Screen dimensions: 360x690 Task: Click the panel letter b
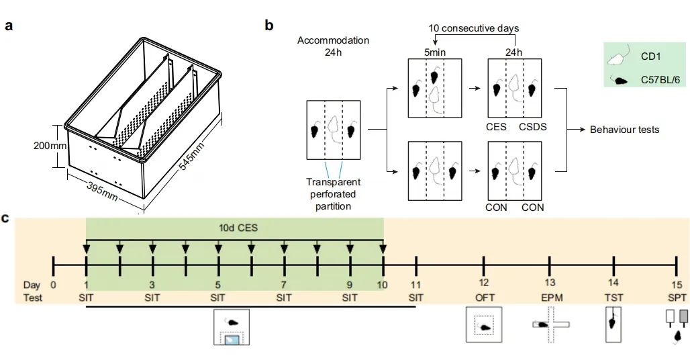click(269, 26)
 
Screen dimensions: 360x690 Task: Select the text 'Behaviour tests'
click(624, 129)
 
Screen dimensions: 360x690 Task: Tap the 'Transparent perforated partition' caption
click(334, 194)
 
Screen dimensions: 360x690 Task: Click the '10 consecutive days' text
click(473, 28)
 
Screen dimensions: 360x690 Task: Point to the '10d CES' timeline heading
click(235, 228)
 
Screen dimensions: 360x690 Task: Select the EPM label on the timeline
click(550, 296)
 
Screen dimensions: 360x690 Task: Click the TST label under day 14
click(613, 296)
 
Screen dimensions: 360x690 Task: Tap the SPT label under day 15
click(677, 296)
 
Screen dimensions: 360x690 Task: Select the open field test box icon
click(485, 326)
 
